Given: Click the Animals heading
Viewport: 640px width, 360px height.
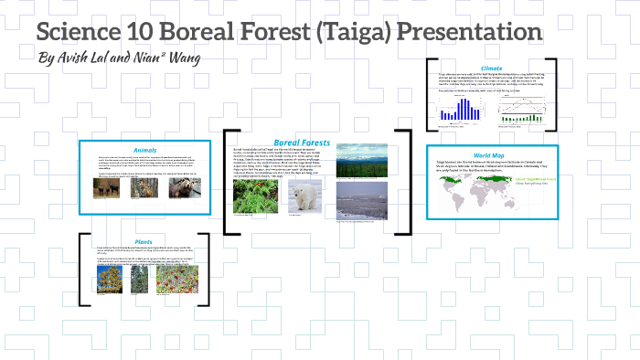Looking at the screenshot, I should pyautogui.click(x=144, y=150).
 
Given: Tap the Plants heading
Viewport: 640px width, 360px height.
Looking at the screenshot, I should pyautogui.click(x=144, y=242).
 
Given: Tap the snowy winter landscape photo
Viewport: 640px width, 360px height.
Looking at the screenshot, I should pyautogui.click(x=355, y=201).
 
